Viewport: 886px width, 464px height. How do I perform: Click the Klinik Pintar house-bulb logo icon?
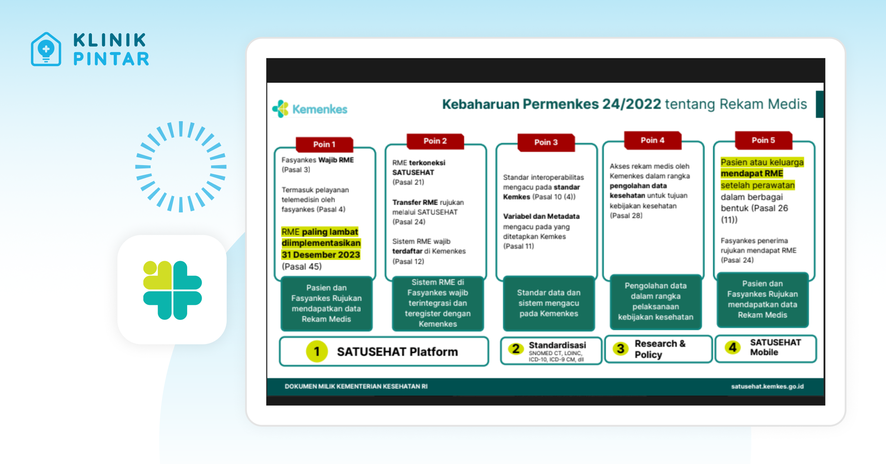(46, 49)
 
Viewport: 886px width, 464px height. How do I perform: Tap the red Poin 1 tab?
(324, 144)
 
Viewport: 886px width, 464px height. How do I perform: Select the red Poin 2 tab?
(435, 141)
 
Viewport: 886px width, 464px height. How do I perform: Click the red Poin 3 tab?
(546, 143)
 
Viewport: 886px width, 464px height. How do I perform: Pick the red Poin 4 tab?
(652, 140)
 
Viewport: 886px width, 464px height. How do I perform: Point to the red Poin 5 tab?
(763, 140)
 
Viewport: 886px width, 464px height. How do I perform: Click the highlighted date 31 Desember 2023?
(320, 255)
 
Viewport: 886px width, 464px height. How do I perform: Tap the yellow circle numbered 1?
(317, 351)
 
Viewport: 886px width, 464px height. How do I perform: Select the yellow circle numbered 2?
(516, 349)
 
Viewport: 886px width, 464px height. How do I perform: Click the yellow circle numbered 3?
(621, 348)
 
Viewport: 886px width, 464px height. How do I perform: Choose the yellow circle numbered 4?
(733, 347)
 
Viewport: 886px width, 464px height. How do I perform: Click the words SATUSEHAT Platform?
(397, 352)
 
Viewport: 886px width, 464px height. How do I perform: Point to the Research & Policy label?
(660, 349)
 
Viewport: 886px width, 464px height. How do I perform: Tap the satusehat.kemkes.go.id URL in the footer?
(767, 386)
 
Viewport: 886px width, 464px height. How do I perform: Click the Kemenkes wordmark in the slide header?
(320, 109)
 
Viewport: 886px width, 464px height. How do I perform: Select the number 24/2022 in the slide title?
(631, 104)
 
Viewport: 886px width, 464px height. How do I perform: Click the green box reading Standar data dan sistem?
(549, 303)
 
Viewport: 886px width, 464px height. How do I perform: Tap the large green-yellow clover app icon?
(172, 290)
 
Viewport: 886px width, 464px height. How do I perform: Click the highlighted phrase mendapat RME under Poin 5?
(752, 174)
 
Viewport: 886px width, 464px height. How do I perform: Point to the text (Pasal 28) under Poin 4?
(626, 216)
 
